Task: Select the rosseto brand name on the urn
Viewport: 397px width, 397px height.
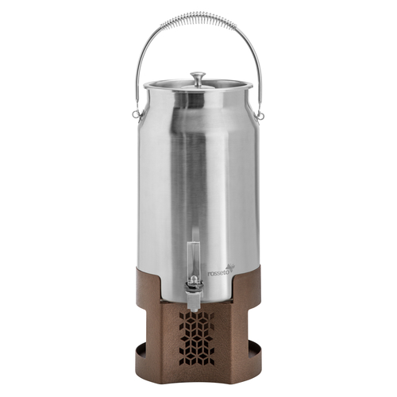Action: tap(217, 272)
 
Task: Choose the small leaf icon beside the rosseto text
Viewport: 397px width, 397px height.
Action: tap(232, 267)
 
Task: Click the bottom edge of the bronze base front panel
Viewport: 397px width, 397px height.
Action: tap(198, 380)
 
